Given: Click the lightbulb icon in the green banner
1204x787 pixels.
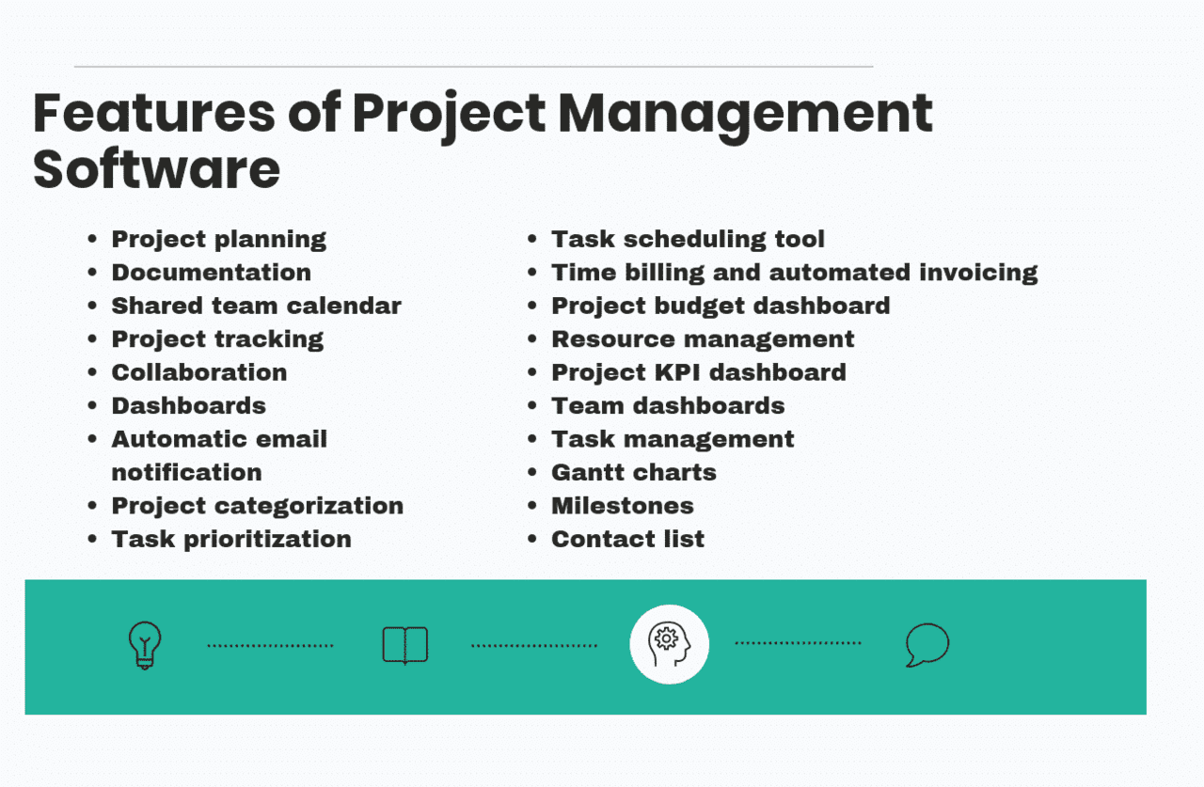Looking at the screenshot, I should (x=144, y=645).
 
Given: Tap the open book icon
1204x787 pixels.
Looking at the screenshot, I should (x=404, y=645).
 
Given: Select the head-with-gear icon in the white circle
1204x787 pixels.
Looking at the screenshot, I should (x=669, y=644).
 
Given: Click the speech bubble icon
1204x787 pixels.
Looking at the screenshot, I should (x=927, y=645).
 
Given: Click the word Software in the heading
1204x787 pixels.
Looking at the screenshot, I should (x=156, y=169).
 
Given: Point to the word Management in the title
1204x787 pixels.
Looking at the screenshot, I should (x=745, y=114).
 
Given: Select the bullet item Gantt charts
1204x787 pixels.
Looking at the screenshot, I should (x=633, y=472).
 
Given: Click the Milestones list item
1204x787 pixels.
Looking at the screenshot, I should (x=622, y=506).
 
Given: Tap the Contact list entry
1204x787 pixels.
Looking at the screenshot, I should (x=627, y=539).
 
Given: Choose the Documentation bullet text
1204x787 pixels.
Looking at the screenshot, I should (x=211, y=273).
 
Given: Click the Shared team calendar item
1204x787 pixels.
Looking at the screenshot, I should (x=256, y=306).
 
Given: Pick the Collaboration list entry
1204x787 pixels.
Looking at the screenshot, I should (x=198, y=372).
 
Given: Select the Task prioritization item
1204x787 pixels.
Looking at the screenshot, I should (x=231, y=539).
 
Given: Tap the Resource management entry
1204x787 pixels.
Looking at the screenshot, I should (x=703, y=339).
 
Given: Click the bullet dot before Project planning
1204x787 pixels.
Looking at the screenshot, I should (x=92, y=240).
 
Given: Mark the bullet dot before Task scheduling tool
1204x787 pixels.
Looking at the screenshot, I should (x=532, y=240).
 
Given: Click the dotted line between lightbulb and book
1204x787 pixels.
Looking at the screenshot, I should (x=270, y=646).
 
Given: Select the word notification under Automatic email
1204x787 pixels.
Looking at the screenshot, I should (x=186, y=472).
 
